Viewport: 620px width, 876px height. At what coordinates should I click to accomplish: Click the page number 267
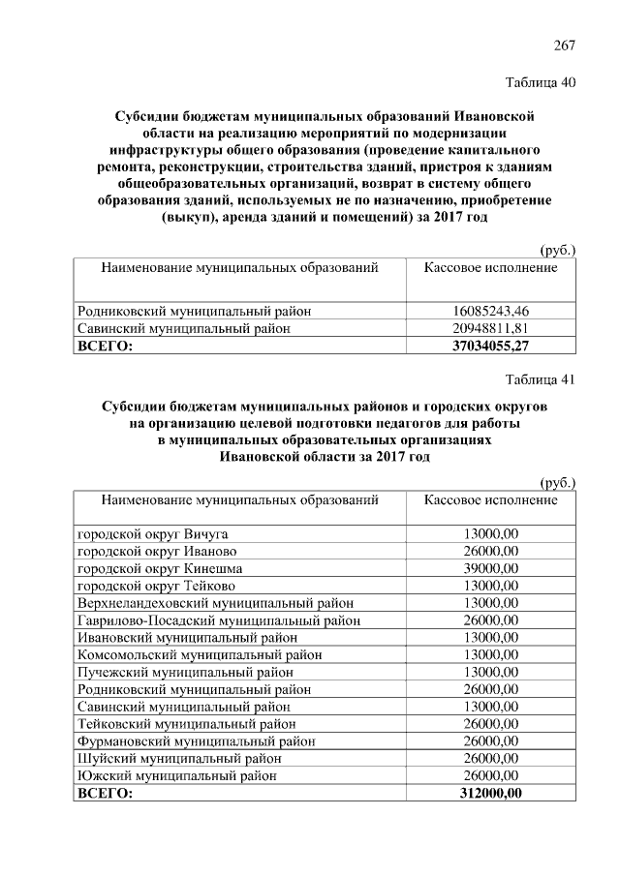(x=565, y=45)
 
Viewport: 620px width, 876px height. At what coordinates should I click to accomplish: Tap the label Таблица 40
(x=541, y=82)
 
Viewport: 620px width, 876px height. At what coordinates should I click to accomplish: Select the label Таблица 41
(x=541, y=379)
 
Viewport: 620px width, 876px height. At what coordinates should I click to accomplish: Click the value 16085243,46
(x=491, y=312)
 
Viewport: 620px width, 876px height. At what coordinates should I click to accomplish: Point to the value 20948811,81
(x=491, y=329)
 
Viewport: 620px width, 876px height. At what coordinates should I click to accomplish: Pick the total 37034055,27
(x=491, y=347)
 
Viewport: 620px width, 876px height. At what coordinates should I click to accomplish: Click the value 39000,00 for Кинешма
(x=491, y=568)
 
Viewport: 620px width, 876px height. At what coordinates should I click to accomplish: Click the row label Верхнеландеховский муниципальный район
(x=215, y=603)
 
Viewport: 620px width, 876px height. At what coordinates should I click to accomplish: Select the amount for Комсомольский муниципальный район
(x=491, y=655)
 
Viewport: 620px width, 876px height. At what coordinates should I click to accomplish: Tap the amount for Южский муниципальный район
(x=491, y=776)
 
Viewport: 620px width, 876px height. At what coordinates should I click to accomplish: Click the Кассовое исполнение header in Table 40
(x=491, y=266)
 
